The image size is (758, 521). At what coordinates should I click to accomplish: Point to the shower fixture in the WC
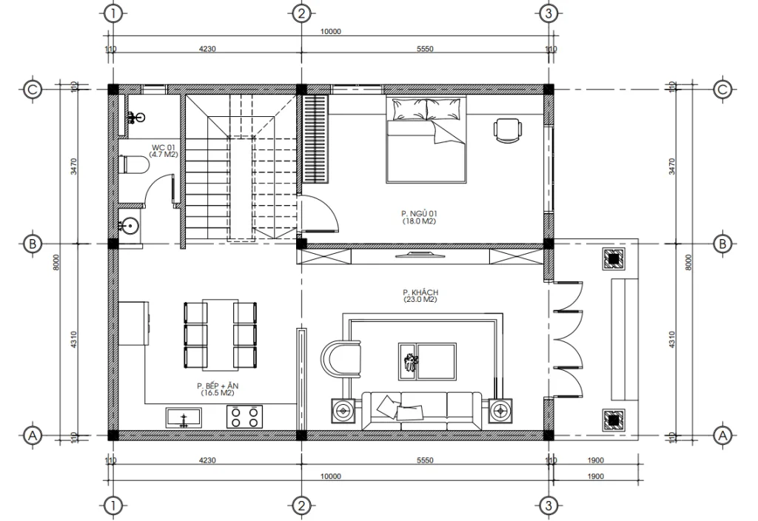(x=135, y=117)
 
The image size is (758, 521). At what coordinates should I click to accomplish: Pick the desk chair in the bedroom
(x=508, y=130)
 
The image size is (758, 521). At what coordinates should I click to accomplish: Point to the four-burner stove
(x=245, y=416)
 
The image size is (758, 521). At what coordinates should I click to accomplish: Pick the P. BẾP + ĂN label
(x=216, y=386)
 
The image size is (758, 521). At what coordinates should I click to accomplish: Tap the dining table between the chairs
(x=218, y=335)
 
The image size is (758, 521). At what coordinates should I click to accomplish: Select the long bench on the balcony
(x=623, y=340)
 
